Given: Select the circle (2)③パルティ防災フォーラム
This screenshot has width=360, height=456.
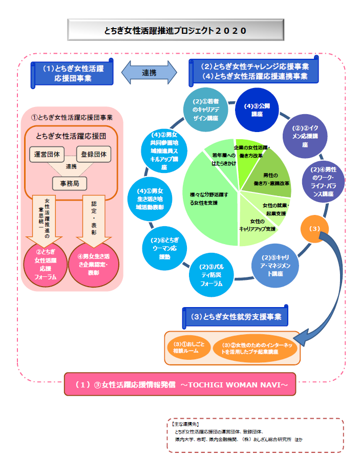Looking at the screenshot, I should click(x=210, y=275).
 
